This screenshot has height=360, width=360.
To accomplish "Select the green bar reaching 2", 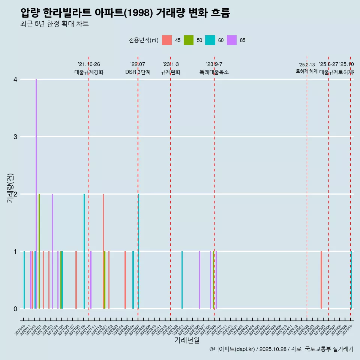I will (x=39, y=251).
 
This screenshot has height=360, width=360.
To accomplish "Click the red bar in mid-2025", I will (x=321, y=280).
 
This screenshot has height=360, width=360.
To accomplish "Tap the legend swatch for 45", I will (x=167, y=40).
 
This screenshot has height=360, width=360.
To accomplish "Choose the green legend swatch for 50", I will (x=189, y=40).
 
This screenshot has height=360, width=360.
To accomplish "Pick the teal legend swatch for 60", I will (x=210, y=40).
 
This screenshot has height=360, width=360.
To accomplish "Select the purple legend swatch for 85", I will (x=232, y=40).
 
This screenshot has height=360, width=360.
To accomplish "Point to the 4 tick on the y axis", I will (x=15, y=79).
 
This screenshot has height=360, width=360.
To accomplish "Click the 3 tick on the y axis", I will (x=15, y=137).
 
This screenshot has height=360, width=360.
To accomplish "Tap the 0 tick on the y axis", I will (x=15, y=309).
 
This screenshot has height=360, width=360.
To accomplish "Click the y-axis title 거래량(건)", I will (x=10, y=188).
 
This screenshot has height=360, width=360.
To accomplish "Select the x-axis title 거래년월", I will (x=187, y=340).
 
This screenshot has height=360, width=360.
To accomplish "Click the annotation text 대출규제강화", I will (x=89, y=72).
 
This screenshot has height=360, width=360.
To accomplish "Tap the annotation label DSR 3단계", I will (x=138, y=72).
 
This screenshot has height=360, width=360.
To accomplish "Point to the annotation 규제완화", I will (x=171, y=72).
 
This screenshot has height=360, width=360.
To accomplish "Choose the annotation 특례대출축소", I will (x=214, y=72).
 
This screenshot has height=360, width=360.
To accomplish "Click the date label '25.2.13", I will (x=307, y=65).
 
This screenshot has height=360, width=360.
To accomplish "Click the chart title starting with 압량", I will (x=125, y=13).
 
